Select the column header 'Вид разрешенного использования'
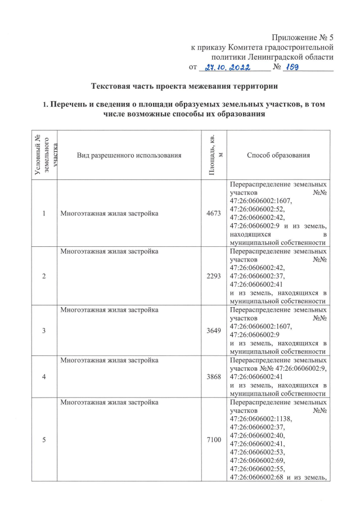(129, 155)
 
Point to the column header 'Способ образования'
(278, 155)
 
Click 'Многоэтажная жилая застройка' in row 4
(109, 360)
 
